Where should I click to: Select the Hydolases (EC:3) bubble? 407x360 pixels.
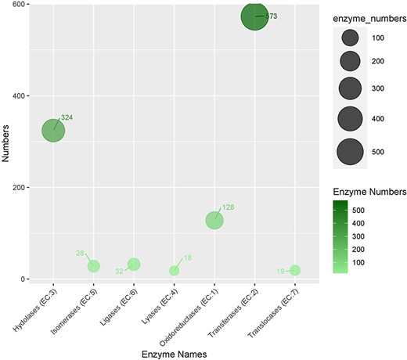(53, 131)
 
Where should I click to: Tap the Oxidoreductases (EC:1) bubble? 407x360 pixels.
(214, 221)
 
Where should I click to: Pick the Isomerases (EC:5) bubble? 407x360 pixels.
(93, 266)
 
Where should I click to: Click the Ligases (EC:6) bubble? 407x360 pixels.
(134, 265)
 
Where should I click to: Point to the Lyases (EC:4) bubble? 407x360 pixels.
(174, 271)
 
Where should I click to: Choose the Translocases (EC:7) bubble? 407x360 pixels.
(295, 270)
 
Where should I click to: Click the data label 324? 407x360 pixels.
(67, 117)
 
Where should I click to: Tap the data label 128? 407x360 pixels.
(228, 207)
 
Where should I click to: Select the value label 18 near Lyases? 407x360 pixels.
(187, 258)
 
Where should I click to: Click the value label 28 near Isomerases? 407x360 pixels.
(80, 253)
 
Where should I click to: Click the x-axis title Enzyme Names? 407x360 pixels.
(174, 355)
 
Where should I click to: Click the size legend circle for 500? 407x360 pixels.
(350, 152)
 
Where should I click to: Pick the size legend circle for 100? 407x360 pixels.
(350, 38)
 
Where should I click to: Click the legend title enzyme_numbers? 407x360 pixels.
(364, 13)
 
